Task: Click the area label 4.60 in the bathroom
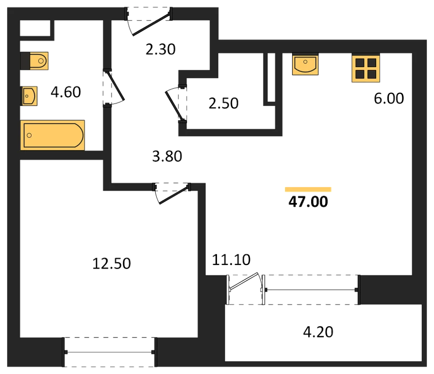[66, 92]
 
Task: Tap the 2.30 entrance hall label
[161, 49]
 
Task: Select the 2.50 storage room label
[224, 103]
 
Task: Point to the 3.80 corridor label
[167, 156]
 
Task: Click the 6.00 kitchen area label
[389, 98]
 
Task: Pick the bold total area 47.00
[308, 202]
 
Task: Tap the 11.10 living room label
[231, 260]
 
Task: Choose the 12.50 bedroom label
[112, 264]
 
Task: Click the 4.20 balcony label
[318, 332]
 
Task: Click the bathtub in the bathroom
[53, 135]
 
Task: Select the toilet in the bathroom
[34, 61]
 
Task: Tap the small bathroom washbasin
[29, 96]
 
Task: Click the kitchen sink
[305, 64]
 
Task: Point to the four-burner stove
[365, 68]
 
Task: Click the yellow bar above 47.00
[308, 190]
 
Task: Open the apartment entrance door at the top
[151, 24]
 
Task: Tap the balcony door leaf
[243, 282]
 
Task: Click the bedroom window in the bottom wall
[110, 352]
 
